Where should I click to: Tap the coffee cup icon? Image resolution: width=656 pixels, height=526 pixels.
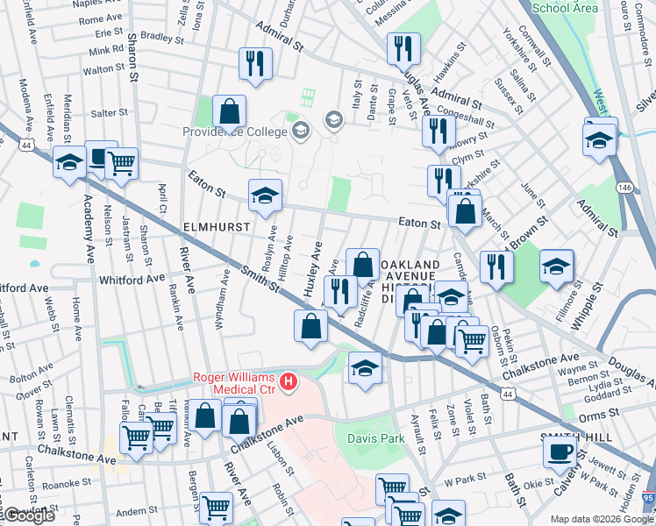(x=560, y=452)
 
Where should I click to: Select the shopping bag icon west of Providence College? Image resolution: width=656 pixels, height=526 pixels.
(x=229, y=112)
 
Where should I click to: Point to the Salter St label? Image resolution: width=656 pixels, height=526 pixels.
(x=110, y=113)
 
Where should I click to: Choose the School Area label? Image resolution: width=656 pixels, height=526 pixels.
(x=565, y=8)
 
